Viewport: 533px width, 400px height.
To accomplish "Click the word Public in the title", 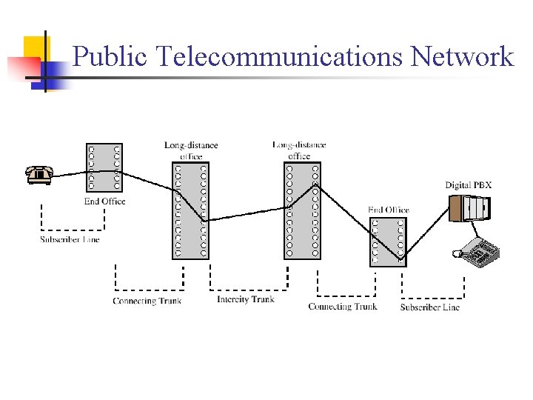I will coord(110,56).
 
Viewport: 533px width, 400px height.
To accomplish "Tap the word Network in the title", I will coord(462,56).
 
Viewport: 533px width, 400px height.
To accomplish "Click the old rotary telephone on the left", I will coord(38,175).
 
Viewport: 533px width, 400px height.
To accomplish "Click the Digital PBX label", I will coord(468,184).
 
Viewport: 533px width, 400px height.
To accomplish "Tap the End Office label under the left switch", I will coord(104,201).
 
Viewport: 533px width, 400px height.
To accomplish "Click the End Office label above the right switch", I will coord(389,210).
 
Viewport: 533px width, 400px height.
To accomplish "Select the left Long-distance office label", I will coord(191,150).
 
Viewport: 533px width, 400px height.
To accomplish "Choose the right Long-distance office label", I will coord(299,150).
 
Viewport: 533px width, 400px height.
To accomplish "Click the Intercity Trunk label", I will coord(246,299).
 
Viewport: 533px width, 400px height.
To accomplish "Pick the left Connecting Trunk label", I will coord(147,301).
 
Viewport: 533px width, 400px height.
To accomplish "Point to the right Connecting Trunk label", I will coord(342,306).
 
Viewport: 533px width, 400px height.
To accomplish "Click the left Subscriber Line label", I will coord(70,239).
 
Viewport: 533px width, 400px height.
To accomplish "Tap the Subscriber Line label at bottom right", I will coord(429,307).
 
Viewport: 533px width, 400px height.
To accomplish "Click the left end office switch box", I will coord(104,168).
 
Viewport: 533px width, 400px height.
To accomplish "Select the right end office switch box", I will coord(388,241).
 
